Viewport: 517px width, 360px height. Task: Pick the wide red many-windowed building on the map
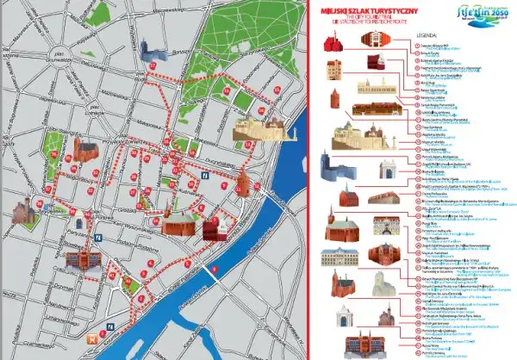tap(84, 258)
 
